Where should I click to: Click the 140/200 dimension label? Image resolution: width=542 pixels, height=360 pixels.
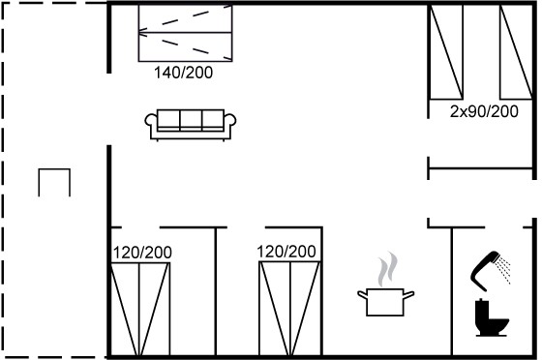pos(183,73)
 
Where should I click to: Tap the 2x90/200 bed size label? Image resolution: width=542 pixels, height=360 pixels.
pos(484,111)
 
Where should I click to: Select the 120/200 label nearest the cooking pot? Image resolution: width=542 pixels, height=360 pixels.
pos(286,252)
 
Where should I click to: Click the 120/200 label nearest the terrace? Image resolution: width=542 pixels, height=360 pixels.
pos(142,253)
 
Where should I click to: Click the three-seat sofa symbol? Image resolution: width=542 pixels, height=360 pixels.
pos(191,125)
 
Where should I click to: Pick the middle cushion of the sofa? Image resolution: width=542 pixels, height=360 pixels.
pos(191,118)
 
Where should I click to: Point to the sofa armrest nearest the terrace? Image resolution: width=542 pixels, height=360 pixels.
pos(151,121)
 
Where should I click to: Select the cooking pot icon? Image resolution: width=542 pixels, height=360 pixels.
pos(385,302)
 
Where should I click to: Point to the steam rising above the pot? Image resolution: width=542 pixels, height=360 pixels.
pos(387,269)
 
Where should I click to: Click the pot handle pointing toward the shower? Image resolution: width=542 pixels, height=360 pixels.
pos(408,295)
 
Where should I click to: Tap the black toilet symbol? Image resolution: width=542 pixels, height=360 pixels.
pos(491,317)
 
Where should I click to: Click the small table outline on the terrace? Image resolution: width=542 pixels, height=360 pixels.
pos(54,170)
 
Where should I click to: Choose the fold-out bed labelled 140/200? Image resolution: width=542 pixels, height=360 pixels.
pos(185,33)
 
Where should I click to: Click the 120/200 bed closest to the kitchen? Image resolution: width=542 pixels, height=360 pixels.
pos(289,309)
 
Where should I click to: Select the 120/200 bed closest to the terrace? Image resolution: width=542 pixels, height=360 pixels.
pos(140,310)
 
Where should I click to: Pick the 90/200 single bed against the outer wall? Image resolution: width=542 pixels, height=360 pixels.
pos(516,52)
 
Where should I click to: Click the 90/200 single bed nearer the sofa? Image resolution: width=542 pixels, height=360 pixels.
pos(446,52)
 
